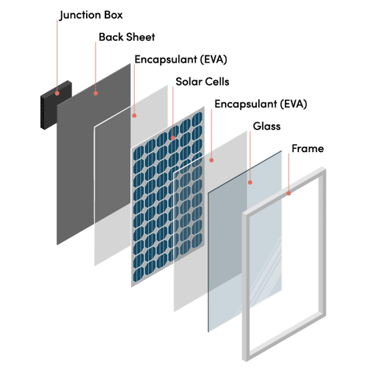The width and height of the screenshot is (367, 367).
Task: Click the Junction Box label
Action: pyautogui.click(x=91, y=15)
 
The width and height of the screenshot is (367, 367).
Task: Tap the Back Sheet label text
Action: pyautogui.click(x=127, y=37)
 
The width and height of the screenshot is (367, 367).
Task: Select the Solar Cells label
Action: pyautogui.click(x=202, y=81)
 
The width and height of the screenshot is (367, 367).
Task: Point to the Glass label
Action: pyautogui.click(x=267, y=126)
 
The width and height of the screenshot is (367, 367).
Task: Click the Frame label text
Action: pyautogui.click(x=308, y=148)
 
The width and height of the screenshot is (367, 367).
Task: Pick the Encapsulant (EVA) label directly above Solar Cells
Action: pyautogui.click(x=181, y=59)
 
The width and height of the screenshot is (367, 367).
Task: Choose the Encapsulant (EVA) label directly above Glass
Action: pyautogui.click(x=261, y=104)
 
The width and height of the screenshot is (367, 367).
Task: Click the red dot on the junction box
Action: pyautogui.click(x=57, y=93)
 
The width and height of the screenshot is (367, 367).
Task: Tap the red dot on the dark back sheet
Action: pyautogui.click(x=95, y=93)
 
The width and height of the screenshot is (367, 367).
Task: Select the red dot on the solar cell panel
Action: pyautogui.click(x=173, y=138)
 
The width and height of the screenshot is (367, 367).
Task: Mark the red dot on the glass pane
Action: pyautogui.click(x=250, y=183)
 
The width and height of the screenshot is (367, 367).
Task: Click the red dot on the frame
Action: pyautogui.click(x=288, y=194)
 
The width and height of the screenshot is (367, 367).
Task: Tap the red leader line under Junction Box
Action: pyautogui.click(x=57, y=55)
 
